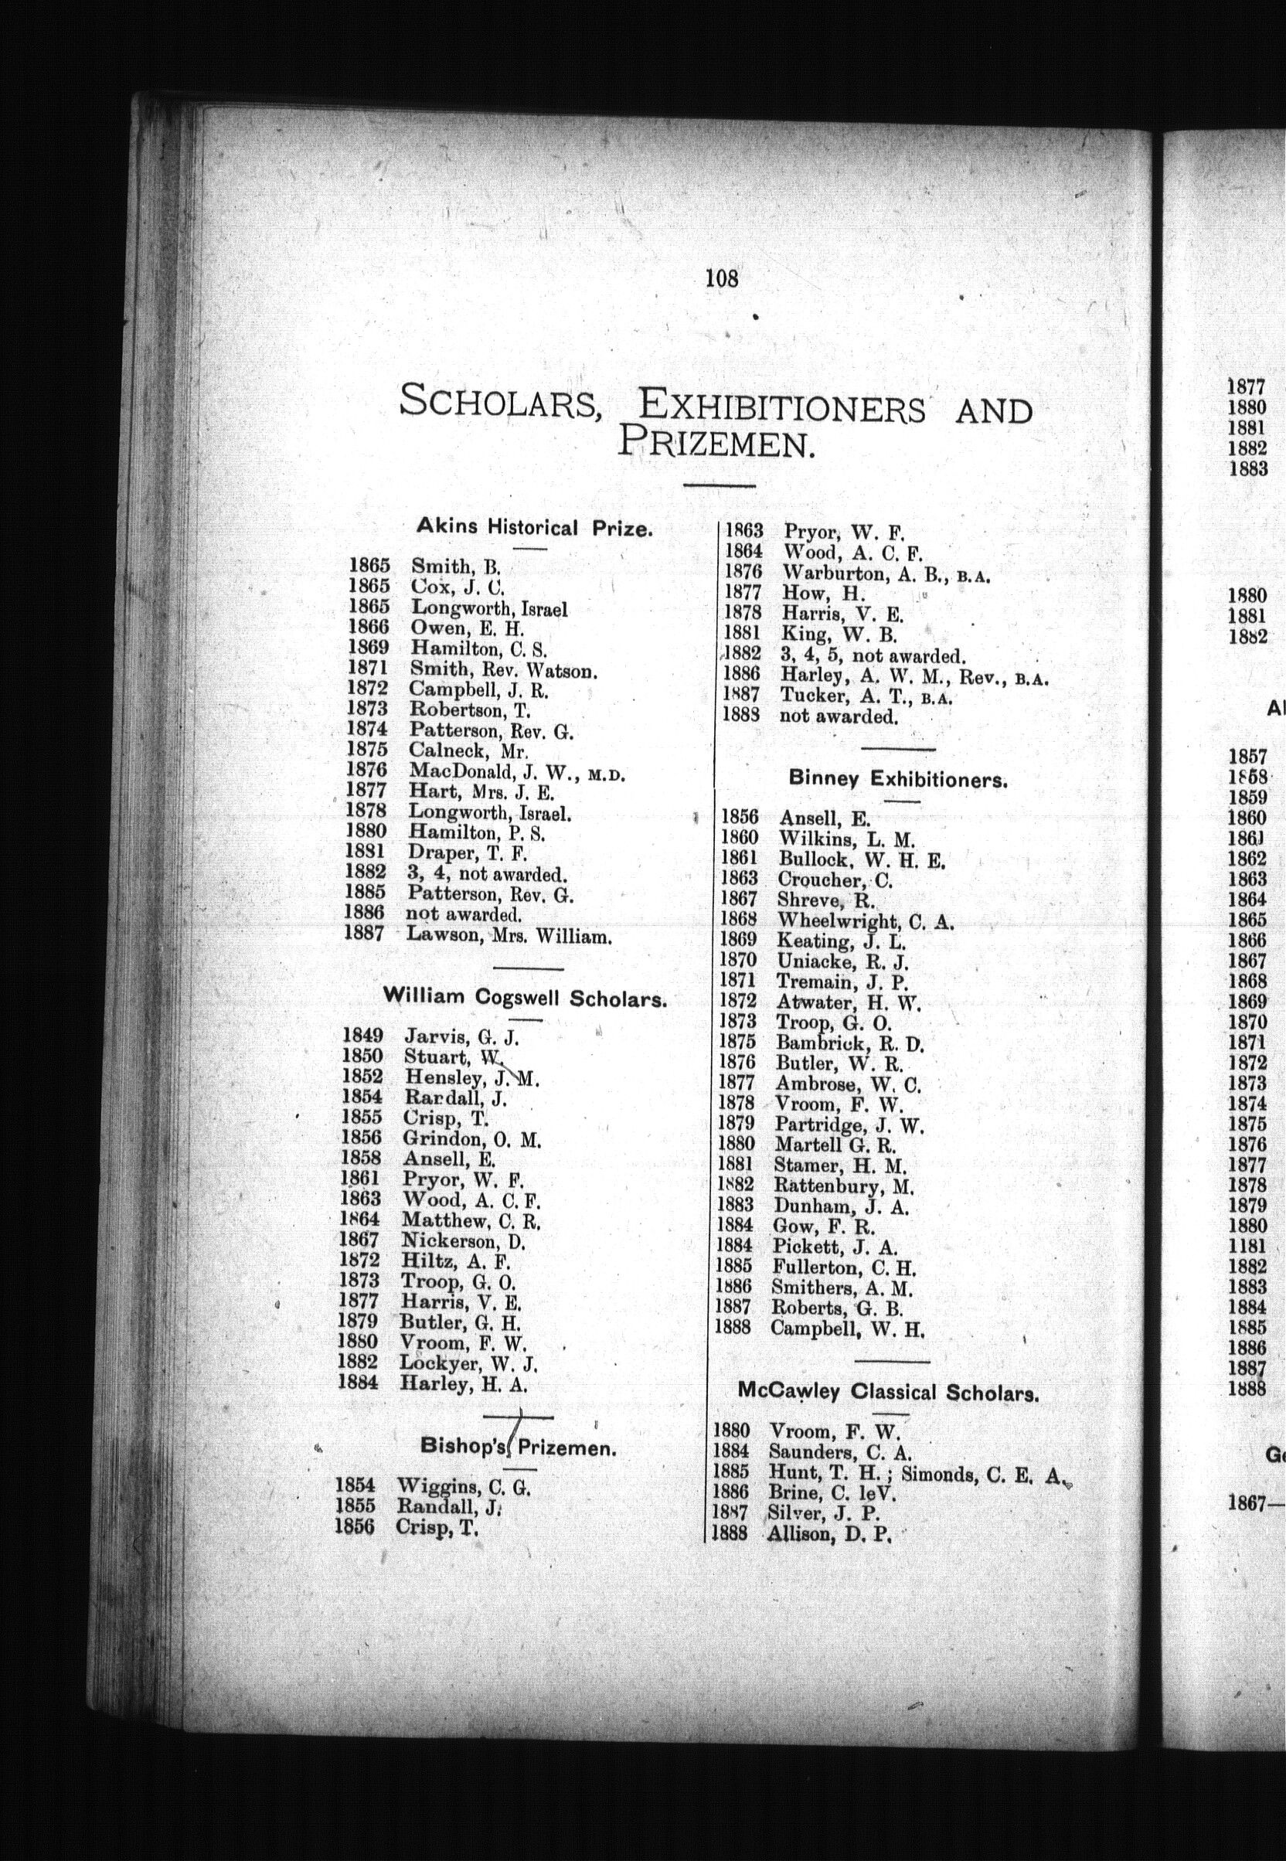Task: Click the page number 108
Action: pos(721,279)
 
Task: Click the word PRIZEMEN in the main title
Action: pos(714,444)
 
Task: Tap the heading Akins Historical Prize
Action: pos(533,528)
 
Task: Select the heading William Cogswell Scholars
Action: pos(526,999)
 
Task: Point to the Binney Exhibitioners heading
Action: pos(897,780)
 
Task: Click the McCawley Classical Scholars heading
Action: pos(888,1392)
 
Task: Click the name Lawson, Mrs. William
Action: pos(509,936)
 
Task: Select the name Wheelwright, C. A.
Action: pos(865,920)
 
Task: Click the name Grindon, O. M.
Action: pos(471,1139)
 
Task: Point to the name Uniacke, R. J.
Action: pos(842,961)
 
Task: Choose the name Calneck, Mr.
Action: pos(468,751)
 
